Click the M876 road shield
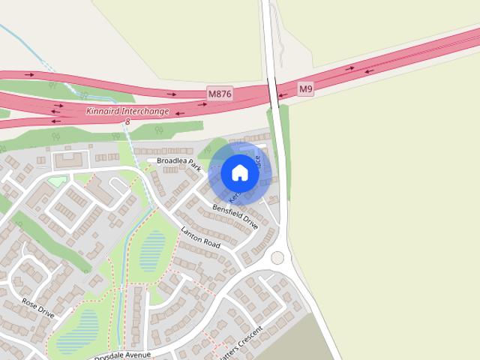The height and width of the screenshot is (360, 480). [x=220, y=94]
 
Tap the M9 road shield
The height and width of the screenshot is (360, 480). [x=305, y=89]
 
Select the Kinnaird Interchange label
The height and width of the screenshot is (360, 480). [x=127, y=111]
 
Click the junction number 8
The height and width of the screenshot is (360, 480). [x=127, y=121]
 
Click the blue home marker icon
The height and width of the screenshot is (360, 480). [x=240, y=173]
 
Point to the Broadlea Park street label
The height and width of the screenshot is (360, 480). [x=175, y=162]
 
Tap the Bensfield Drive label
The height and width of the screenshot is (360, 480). [x=235, y=217]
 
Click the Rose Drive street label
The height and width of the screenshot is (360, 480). [x=38, y=307]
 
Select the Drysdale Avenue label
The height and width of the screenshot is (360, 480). [x=123, y=354]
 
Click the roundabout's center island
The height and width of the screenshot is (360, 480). [x=278, y=258]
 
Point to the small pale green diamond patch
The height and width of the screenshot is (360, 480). [x=57, y=181]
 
